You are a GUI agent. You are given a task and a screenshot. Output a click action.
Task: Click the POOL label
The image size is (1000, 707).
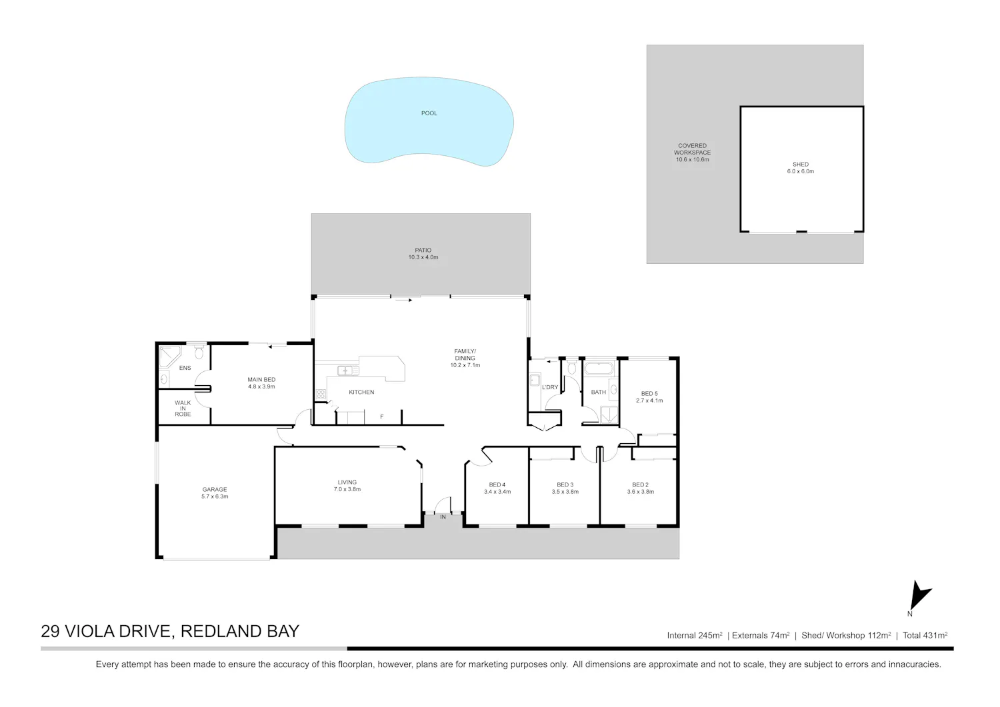click(x=429, y=113)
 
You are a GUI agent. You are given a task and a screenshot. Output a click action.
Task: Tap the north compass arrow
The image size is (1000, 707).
click(x=919, y=594)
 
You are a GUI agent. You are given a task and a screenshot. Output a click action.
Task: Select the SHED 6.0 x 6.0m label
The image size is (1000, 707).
click(x=801, y=168)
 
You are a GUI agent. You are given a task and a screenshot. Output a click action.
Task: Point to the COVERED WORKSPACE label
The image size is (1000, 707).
click(x=693, y=149)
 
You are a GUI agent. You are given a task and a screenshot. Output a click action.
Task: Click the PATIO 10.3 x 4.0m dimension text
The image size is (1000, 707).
click(x=423, y=257)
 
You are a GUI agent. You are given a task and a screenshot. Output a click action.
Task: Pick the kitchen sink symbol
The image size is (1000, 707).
click(x=348, y=370)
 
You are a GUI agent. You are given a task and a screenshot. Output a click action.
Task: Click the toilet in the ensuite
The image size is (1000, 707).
click(x=199, y=352)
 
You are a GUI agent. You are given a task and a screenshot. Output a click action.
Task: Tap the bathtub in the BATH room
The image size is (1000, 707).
click(x=599, y=368)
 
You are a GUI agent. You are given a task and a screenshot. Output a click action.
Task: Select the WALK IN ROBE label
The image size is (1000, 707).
click(x=183, y=408)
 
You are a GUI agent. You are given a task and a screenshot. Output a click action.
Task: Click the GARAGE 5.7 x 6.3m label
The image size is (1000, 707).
click(x=215, y=492)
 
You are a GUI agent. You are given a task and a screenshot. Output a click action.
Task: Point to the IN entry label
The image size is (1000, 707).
click(x=443, y=517)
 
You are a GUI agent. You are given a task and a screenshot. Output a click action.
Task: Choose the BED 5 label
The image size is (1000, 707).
click(x=649, y=394)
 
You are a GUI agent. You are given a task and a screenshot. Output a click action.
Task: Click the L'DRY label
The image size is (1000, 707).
click(x=550, y=387)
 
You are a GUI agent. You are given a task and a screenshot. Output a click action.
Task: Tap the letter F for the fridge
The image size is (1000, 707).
click(x=382, y=417)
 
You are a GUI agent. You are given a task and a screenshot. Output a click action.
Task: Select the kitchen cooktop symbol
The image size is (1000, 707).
click(x=321, y=394)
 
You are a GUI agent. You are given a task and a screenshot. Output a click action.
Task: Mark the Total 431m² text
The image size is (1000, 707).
click(x=925, y=636)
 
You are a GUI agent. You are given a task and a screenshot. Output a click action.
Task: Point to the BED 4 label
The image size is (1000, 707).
click(x=497, y=484)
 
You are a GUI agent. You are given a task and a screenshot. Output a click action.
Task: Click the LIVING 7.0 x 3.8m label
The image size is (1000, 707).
click(x=347, y=486)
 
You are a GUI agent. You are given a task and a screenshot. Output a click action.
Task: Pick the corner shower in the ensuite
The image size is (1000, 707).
click(x=169, y=356)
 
